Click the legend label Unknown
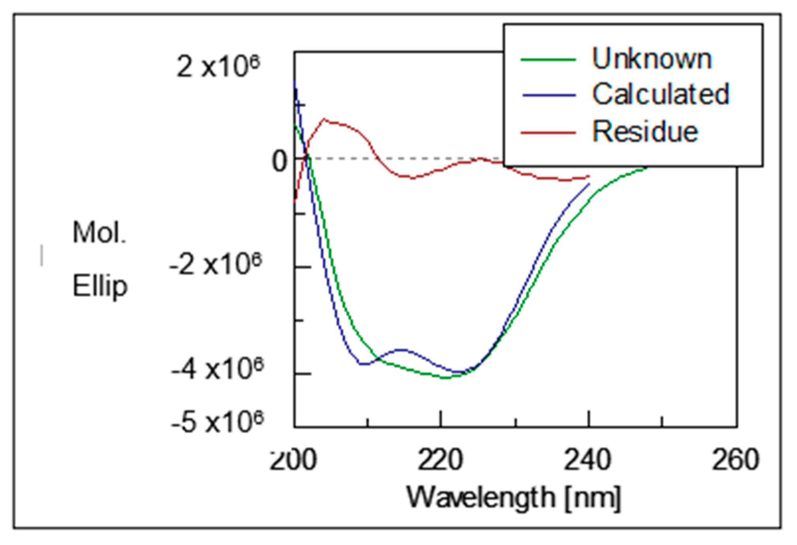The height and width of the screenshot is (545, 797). point(652,59)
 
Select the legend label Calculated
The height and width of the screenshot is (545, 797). point(660,94)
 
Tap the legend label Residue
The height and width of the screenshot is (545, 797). point(645,131)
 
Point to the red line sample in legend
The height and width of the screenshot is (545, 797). point(548,132)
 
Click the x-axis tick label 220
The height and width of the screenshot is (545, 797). point(440,460)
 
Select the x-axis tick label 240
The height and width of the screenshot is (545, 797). point(588,460)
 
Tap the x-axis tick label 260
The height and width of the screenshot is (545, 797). point(735,460)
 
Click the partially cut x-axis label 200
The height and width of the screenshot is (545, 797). point(293,460)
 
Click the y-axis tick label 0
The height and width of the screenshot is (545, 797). point(279,161)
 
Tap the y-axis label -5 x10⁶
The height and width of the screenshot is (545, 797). point(217,424)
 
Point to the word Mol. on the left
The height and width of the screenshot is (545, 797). point(99,233)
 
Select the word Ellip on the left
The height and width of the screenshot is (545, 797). point(100,286)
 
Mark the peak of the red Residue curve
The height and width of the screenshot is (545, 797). point(324,118)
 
